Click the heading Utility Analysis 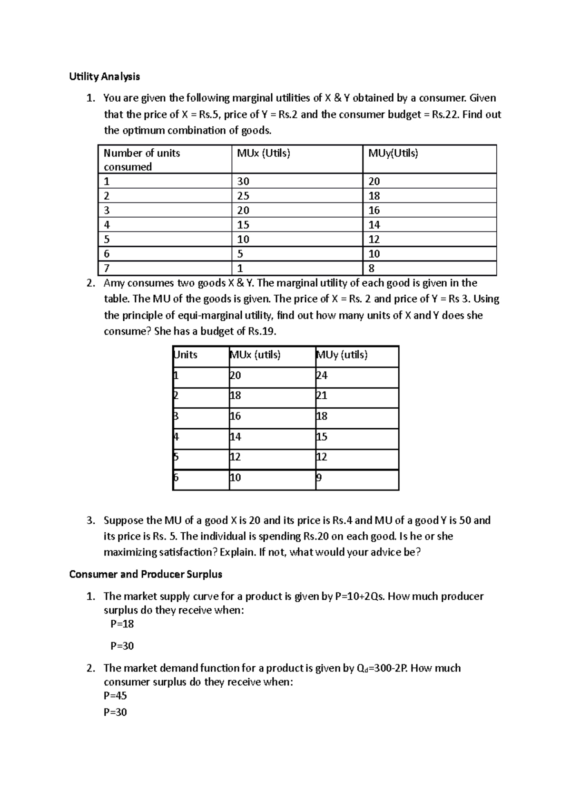click(x=104, y=76)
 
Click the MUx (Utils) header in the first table click(x=263, y=153)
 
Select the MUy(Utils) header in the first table click(x=393, y=153)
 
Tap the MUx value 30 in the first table click(x=243, y=181)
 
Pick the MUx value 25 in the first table click(x=243, y=196)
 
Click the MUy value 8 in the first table click(x=372, y=269)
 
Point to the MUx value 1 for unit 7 click(x=240, y=269)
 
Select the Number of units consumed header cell click(x=141, y=160)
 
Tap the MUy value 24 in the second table click(x=322, y=375)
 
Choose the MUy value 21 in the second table click(x=322, y=396)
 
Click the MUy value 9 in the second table click(x=319, y=478)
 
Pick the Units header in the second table click(x=186, y=355)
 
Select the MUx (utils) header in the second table click(x=255, y=355)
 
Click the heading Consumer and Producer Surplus click(x=146, y=574)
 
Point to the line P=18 click(x=122, y=624)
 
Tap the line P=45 click(x=115, y=696)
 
